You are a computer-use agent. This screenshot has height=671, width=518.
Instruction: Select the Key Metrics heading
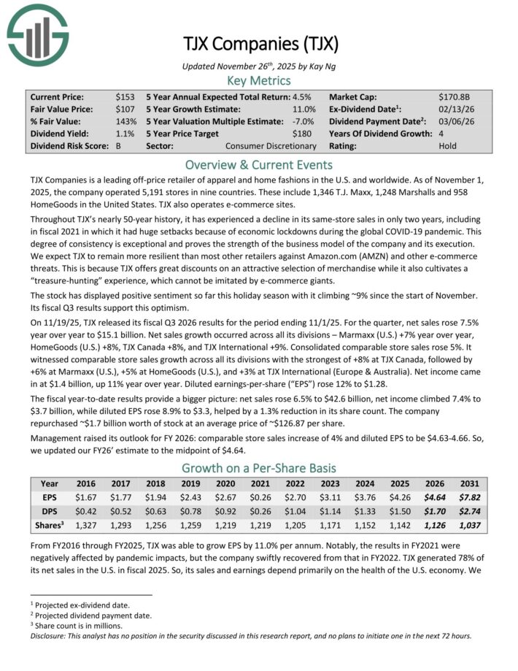click(259, 81)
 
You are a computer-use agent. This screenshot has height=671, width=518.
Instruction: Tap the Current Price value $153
click(125, 96)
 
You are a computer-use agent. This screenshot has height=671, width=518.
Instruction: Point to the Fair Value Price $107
click(125, 109)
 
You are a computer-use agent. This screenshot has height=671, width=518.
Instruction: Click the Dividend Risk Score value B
click(119, 146)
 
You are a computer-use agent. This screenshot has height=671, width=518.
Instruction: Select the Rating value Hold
click(448, 146)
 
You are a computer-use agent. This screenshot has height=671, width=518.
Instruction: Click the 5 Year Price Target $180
click(303, 134)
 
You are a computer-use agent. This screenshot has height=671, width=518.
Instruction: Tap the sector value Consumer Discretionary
click(271, 146)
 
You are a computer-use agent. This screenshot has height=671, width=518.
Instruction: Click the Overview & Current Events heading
click(259, 164)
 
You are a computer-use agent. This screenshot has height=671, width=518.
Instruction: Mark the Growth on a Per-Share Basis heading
click(259, 468)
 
